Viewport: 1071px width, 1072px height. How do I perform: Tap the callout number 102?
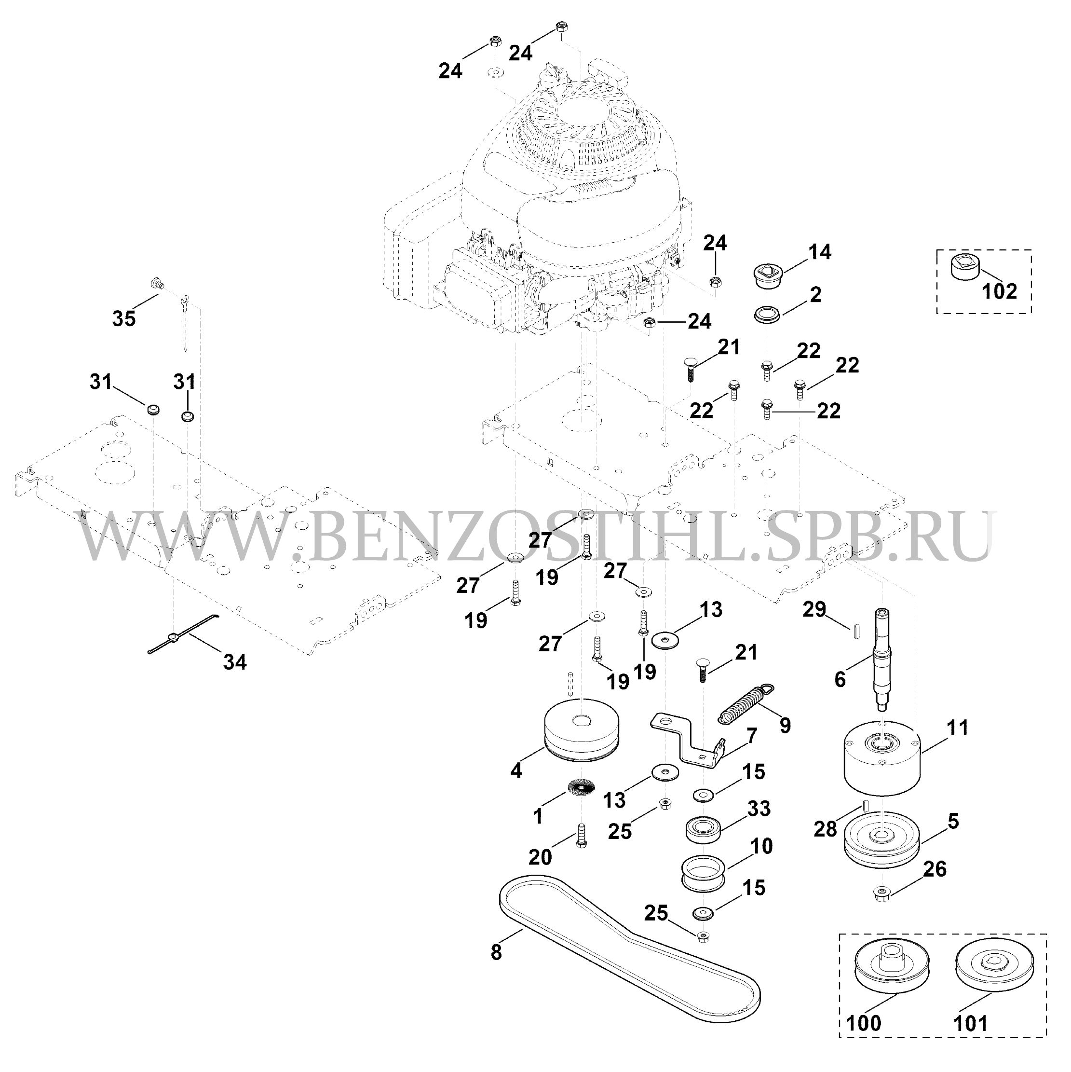click(x=1000, y=291)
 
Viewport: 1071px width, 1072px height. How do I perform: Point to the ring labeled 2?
click(x=767, y=315)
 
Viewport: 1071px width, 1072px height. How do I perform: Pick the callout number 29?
click(x=815, y=609)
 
